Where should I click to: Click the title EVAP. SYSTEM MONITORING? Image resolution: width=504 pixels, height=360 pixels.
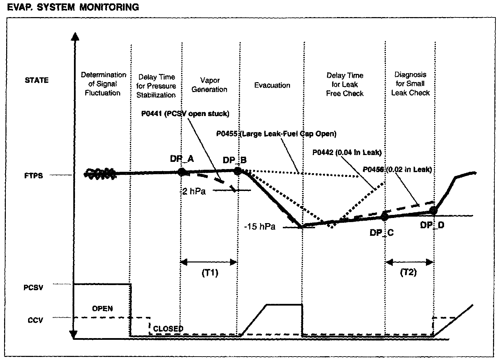tap(73, 7)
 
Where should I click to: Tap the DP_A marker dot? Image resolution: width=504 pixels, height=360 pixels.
tap(182, 172)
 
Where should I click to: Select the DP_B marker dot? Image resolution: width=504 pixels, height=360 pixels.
tap(237, 171)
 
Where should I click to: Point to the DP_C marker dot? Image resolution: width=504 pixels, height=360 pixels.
tap(384, 216)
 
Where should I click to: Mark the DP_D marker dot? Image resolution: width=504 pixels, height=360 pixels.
tap(433, 210)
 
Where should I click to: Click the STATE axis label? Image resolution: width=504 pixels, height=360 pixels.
tap(37, 80)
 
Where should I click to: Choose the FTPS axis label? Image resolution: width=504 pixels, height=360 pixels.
tap(34, 176)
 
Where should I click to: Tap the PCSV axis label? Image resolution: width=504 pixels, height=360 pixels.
tap(34, 287)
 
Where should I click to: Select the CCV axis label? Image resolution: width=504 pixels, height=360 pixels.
tap(35, 321)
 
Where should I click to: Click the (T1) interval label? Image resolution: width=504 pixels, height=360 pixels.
tap(210, 273)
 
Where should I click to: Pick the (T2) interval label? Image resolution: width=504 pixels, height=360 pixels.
tap(408, 273)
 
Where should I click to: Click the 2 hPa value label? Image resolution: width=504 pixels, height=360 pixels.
tap(194, 191)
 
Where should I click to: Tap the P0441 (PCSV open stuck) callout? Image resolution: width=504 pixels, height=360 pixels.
tap(185, 114)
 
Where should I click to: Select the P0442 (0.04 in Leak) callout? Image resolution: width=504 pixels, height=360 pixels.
tap(347, 152)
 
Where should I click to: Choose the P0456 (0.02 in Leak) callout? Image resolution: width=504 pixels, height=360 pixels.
tap(397, 169)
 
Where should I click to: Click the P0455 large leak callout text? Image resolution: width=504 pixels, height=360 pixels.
tap(276, 134)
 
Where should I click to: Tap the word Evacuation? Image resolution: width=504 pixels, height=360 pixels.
tap(272, 85)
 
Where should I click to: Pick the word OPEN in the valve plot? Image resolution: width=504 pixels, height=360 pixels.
tap(102, 309)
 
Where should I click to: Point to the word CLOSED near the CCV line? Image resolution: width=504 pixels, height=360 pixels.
tap(168, 329)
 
